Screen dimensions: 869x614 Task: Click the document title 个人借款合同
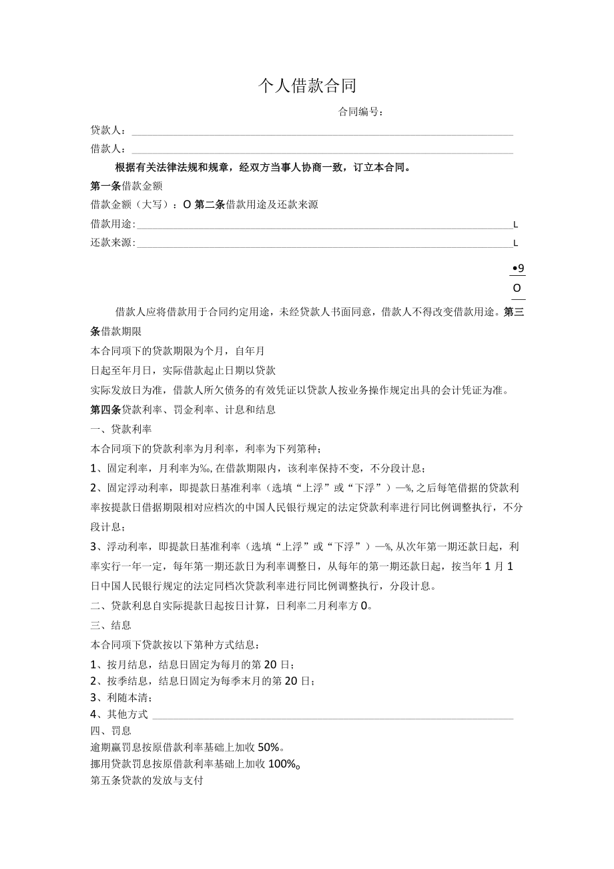pyautogui.click(x=308, y=85)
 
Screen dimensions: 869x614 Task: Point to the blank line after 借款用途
pyautogui.click(x=324, y=227)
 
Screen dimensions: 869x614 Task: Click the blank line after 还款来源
pyautogui.click(x=324, y=246)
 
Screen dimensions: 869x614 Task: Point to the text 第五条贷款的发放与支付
pyautogui.click(x=146, y=780)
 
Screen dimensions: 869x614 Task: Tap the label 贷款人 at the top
pyautogui.click(x=108, y=130)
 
